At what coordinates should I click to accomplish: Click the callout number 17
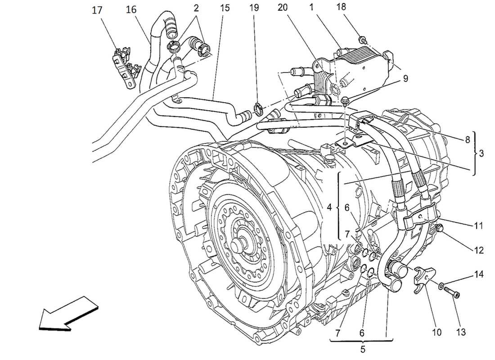(97, 9)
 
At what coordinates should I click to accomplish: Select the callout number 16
(131, 9)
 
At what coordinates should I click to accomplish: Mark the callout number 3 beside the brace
(481, 153)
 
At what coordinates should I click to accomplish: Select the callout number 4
(329, 208)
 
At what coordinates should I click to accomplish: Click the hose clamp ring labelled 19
(258, 109)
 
